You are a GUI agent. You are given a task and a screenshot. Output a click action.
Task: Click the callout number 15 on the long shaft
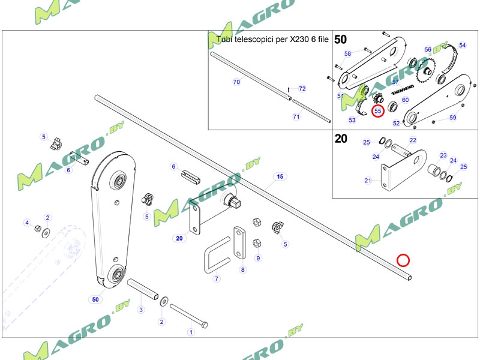[x=279, y=176]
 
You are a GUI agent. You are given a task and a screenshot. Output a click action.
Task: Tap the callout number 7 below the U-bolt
[x=217, y=278]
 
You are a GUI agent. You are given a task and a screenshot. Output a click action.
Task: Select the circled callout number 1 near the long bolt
[x=191, y=331]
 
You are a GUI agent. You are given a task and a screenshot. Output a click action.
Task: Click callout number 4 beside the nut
[x=26, y=223]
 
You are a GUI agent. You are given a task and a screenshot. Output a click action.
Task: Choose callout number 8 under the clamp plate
[x=242, y=270]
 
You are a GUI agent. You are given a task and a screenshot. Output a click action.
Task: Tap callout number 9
[x=258, y=259]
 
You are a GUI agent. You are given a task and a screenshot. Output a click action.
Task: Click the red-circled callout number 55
[x=377, y=111]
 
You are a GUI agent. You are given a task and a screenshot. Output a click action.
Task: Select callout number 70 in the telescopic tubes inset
[x=236, y=81]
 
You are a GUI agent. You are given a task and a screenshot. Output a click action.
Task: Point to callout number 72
[x=302, y=89]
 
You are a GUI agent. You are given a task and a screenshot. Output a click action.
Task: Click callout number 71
[x=296, y=116]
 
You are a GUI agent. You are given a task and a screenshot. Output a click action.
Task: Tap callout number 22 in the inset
[x=413, y=140]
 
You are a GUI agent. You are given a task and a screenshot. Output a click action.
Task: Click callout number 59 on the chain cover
[x=453, y=118]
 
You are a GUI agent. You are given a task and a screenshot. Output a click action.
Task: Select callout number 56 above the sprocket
[x=428, y=50]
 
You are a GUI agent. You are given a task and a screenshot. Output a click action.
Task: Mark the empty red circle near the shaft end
[x=403, y=260]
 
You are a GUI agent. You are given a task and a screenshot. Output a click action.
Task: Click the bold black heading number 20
[x=341, y=139]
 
